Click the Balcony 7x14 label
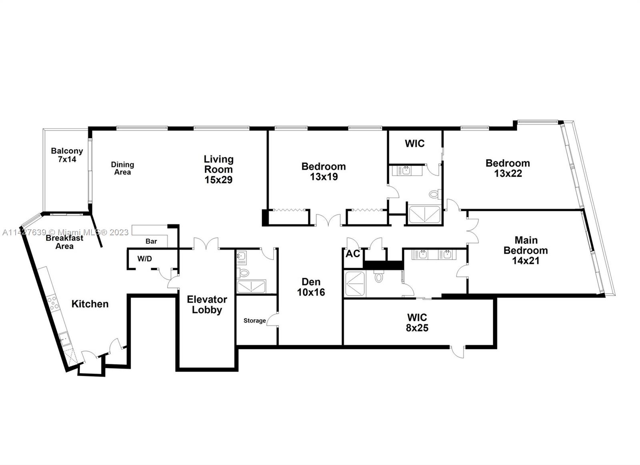(67, 155)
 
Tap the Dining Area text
(122, 168)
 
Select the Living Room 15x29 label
(218, 169)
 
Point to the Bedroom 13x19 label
(323, 171)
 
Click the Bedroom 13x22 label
(508, 168)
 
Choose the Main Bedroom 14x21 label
(526, 251)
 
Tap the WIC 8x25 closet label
(417, 323)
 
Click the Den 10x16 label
(311, 287)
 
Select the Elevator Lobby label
(207, 305)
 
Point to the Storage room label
(254, 321)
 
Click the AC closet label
(352, 254)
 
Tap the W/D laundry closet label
(144, 259)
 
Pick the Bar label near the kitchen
(151, 241)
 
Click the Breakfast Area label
(64, 242)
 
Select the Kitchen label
(90, 304)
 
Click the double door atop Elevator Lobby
(206, 244)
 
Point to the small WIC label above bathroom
(414, 144)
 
